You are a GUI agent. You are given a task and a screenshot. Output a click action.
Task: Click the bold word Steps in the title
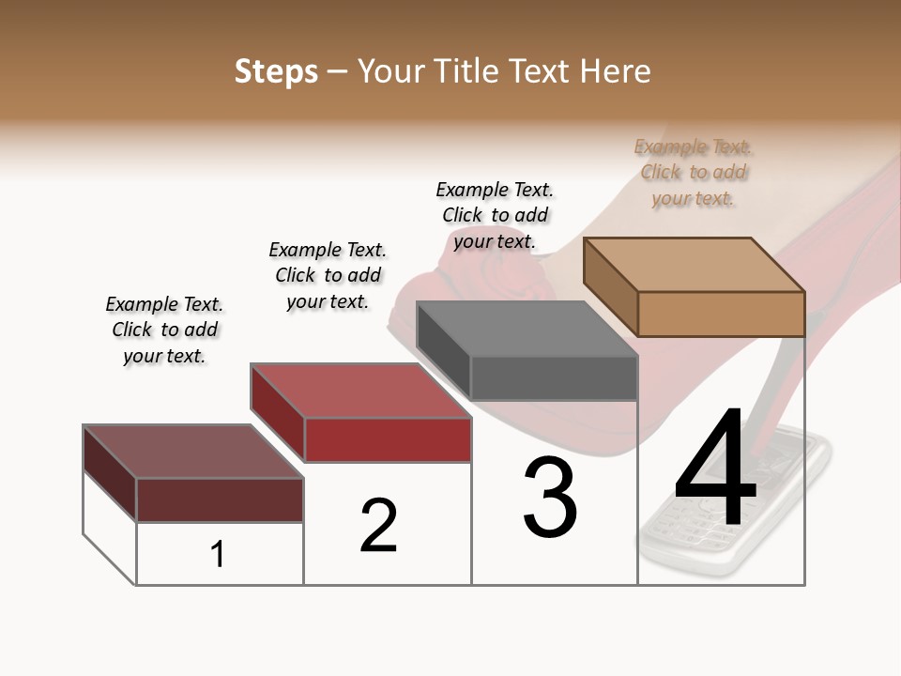276,71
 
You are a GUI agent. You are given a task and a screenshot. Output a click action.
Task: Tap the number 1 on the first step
218,554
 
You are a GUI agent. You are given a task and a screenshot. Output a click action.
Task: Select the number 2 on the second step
378,526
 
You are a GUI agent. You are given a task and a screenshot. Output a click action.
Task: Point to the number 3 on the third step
550,499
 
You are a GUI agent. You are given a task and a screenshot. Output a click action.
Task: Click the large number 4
715,469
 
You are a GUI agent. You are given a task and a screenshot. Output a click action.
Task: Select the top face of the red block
361,390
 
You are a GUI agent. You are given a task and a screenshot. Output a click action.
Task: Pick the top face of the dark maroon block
193,451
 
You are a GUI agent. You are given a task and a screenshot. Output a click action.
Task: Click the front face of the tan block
721,314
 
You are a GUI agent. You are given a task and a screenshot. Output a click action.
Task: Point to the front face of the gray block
554,377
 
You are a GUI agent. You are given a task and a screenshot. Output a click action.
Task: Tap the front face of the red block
388,439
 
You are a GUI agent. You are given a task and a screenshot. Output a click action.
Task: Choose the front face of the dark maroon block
220,499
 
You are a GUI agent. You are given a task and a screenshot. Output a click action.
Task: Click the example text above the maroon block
164,330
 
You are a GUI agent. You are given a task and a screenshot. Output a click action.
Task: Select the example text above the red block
328,275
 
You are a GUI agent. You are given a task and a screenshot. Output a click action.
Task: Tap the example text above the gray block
495,215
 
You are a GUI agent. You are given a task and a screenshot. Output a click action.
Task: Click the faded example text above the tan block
694,172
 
